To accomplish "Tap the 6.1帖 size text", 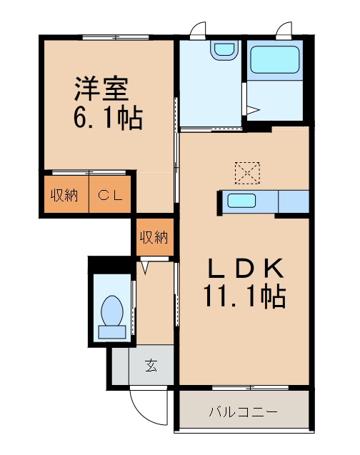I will tap(107, 116).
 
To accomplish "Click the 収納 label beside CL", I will tap(64, 194).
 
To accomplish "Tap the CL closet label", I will tap(110, 194).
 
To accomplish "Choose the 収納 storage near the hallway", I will tap(154, 237).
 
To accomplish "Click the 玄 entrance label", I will tap(151, 366).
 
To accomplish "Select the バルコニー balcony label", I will tap(243, 412).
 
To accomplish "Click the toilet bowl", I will tap(112, 314).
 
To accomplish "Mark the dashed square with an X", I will tap(248, 172).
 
